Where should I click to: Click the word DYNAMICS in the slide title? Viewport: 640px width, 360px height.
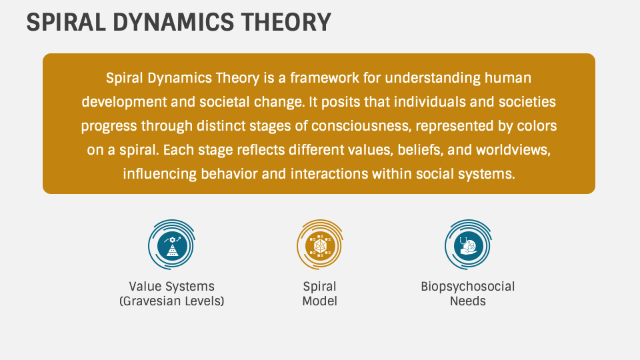point(173,22)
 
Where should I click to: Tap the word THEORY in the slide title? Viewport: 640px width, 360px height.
point(286,22)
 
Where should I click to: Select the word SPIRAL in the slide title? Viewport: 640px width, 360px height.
point(66,22)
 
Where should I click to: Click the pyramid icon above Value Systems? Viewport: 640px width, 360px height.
point(172,245)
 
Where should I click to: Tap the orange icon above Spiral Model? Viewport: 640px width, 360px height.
point(319,245)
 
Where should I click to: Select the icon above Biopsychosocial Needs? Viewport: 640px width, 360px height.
point(468,245)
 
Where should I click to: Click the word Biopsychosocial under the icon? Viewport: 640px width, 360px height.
point(468,287)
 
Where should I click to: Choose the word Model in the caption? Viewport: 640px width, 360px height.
point(319,301)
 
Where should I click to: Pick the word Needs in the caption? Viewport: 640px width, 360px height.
point(468,301)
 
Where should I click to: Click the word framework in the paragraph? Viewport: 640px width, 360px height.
point(325,77)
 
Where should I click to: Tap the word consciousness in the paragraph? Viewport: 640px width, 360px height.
point(361,126)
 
